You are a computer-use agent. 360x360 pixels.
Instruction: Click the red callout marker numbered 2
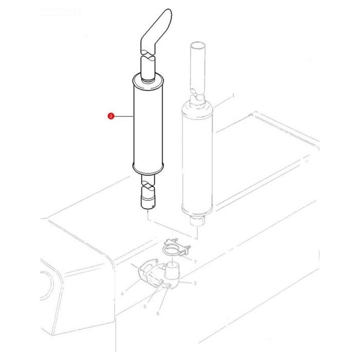pyautogui.click(x=111, y=117)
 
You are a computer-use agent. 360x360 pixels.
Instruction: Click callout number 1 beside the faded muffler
pyautogui.click(x=233, y=96)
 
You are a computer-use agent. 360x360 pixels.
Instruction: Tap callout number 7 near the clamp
pyautogui.click(x=195, y=262)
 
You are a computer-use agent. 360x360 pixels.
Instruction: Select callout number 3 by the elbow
pyautogui.click(x=195, y=283)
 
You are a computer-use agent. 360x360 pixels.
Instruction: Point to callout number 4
pyautogui.click(x=122, y=294)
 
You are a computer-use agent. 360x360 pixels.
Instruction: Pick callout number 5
pyautogui.click(x=145, y=307)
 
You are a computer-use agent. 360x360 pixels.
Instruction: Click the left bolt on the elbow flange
pyautogui.click(x=163, y=284)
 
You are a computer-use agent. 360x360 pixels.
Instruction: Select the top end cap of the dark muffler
pyautogui.click(x=148, y=80)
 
